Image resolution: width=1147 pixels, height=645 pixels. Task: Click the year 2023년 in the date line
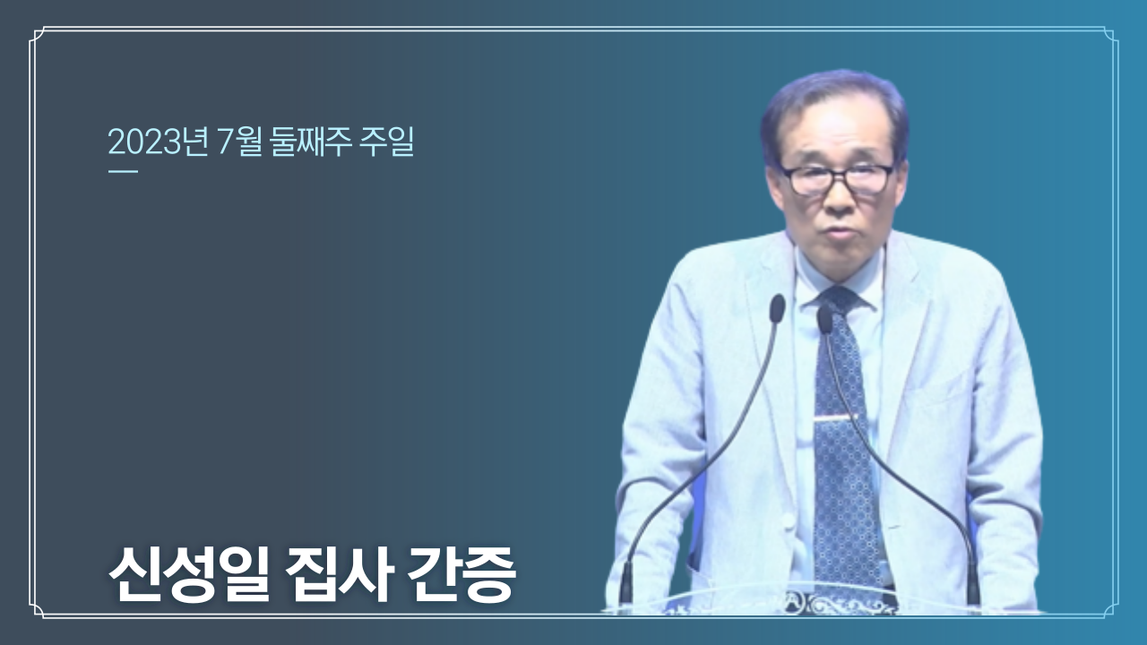(158, 142)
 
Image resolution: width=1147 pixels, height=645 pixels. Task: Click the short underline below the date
(123, 171)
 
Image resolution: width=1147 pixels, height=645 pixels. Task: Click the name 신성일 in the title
(188, 576)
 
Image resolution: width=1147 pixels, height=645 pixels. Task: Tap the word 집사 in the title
(339, 576)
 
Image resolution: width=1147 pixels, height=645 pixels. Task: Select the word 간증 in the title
(461, 576)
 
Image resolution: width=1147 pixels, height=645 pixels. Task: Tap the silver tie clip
(834, 418)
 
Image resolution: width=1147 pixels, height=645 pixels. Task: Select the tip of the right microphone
(824, 318)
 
